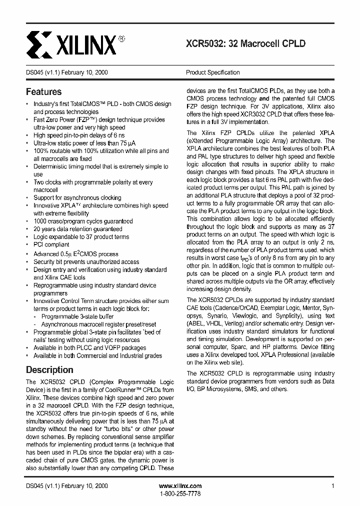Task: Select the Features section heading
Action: [x=43, y=92]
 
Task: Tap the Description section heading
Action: [x=49, y=370]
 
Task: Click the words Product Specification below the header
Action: [x=212, y=72]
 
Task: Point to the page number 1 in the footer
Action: [x=332, y=486]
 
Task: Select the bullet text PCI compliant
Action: [x=51, y=245]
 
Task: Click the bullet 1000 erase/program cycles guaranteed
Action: [x=83, y=221]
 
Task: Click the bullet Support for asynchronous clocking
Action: [x=77, y=197]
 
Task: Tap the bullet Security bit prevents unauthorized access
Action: [x=86, y=261]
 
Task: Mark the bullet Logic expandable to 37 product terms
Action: [x=81, y=237]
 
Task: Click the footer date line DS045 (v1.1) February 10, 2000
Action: [x=66, y=486]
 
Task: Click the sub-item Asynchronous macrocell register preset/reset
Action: [x=98, y=324]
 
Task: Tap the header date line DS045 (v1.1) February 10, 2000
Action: [x=66, y=72]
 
